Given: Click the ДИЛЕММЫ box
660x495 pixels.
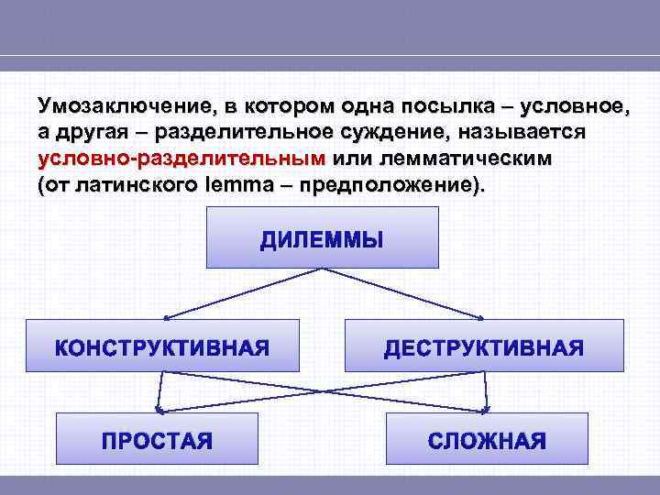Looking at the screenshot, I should [323, 236].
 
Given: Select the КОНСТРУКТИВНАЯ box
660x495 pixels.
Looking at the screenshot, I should [162, 346].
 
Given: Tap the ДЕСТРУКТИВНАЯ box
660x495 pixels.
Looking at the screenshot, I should [483, 346].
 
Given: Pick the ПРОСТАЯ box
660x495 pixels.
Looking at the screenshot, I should [157, 439].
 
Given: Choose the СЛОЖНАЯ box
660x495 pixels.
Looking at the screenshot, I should [487, 439].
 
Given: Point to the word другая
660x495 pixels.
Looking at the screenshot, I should [82, 132].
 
